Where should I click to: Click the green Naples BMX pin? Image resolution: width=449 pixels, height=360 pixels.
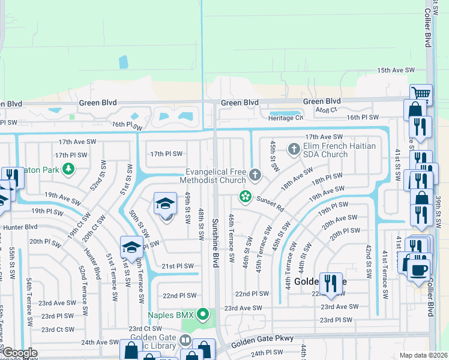(x=204, y=314)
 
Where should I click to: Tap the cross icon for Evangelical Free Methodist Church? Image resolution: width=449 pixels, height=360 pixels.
(x=255, y=175)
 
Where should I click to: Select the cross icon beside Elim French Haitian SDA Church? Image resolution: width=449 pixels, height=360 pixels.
(x=294, y=148)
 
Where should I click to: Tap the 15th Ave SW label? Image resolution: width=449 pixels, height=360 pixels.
(x=396, y=70)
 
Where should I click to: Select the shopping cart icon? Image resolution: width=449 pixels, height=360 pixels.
(x=421, y=94)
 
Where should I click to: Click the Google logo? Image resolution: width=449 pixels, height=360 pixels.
(x=20, y=352)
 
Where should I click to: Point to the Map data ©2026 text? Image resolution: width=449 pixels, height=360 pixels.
(x=423, y=355)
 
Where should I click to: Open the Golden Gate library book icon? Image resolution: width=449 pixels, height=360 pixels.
(x=185, y=341)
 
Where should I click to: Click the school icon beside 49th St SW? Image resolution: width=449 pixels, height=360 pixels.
(x=166, y=203)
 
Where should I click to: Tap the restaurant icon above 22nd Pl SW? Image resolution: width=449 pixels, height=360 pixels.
(x=330, y=282)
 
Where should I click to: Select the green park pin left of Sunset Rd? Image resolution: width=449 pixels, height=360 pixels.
(x=245, y=196)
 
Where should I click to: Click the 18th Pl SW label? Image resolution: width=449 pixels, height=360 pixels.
(x=327, y=177)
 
